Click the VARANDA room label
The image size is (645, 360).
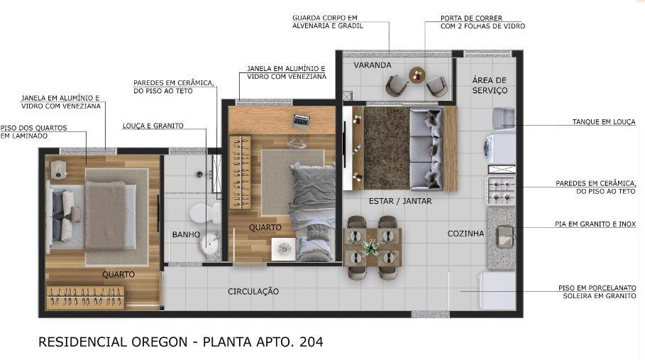(x=373, y=65)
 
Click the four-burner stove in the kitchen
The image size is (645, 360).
(x=501, y=191)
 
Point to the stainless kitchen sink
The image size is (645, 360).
(x=505, y=236)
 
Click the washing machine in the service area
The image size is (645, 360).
(x=500, y=148)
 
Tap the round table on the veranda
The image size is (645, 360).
(x=417, y=75)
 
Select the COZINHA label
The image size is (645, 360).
(x=465, y=234)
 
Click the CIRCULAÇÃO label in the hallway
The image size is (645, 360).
(x=253, y=291)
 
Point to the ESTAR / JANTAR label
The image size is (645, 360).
(x=400, y=201)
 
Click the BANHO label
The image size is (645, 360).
(x=186, y=234)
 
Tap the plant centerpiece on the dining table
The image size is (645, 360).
(x=371, y=248)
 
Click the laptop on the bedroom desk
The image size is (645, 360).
(x=301, y=120)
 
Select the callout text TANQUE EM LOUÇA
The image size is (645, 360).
(x=604, y=122)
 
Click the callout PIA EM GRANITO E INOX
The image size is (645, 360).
(x=595, y=224)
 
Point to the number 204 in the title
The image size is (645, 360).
(x=312, y=342)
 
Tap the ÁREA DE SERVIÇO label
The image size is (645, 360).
(x=490, y=84)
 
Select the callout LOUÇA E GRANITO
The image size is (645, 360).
(x=153, y=126)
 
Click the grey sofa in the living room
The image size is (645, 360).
(x=426, y=149)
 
